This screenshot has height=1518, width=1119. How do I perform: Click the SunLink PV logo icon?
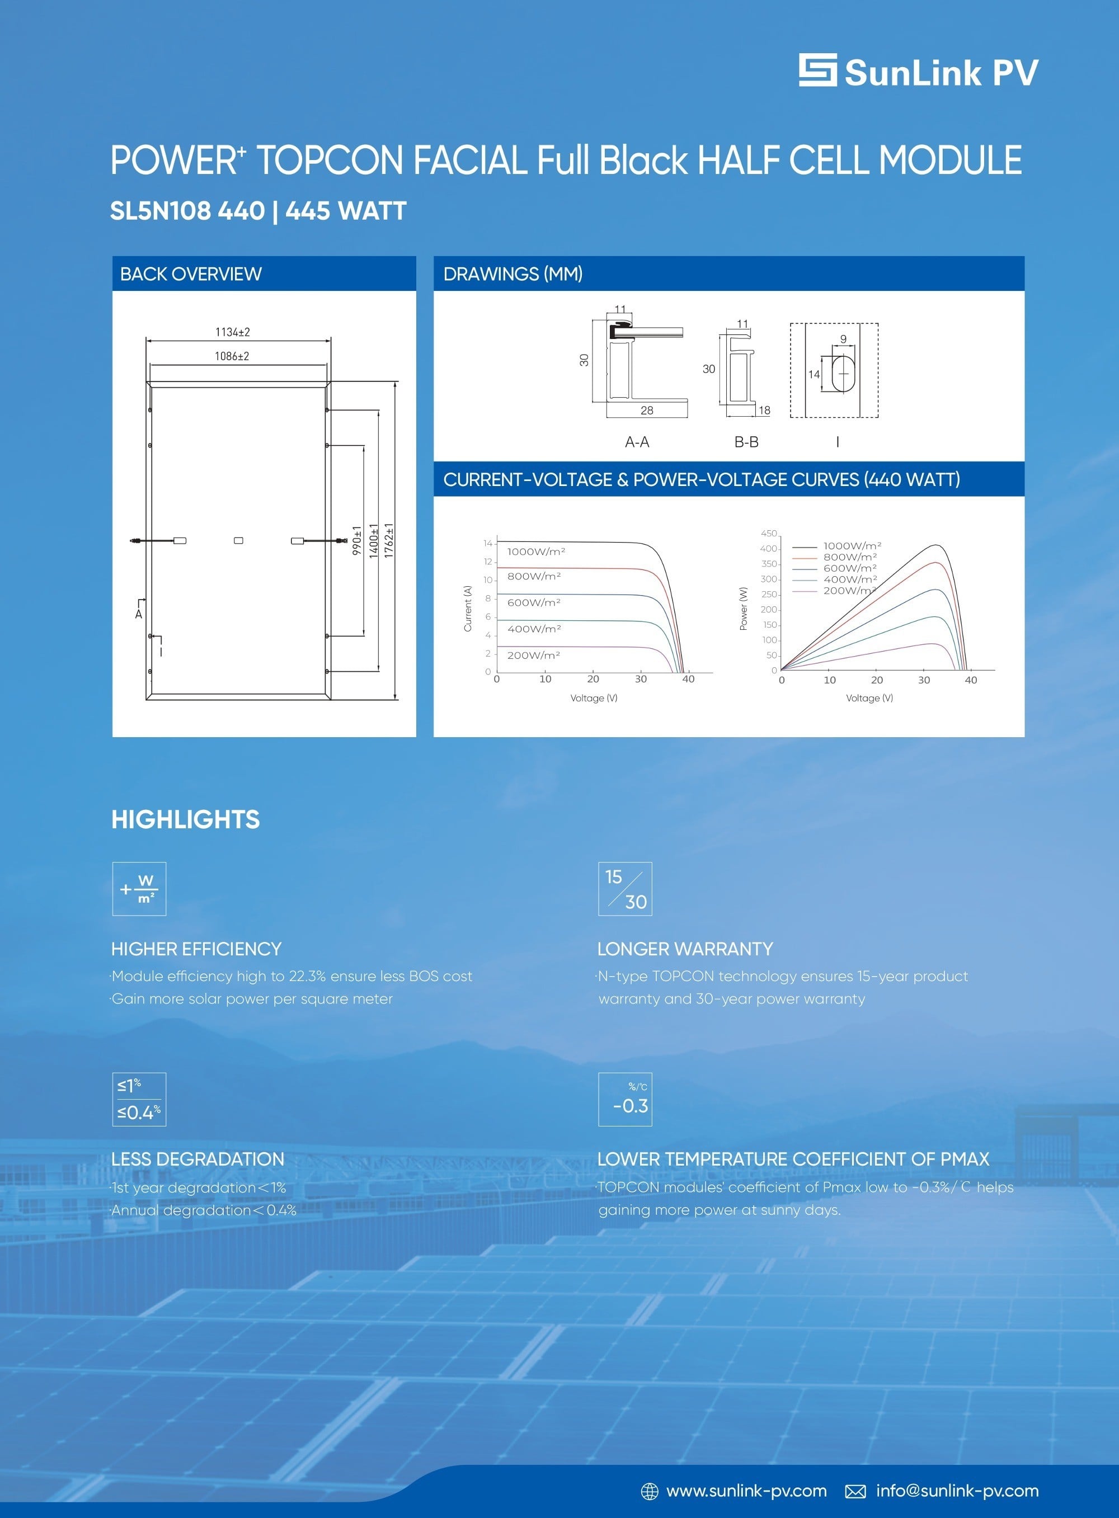coord(817,70)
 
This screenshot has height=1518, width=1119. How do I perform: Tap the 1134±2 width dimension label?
coord(232,332)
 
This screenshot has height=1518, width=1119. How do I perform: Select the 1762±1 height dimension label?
coord(389,540)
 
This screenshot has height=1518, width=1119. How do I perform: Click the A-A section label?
coord(637,442)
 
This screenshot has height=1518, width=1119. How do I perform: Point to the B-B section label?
coord(746,442)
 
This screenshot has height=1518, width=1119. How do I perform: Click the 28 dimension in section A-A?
coord(647,411)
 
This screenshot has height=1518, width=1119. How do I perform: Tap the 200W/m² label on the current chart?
coord(534,656)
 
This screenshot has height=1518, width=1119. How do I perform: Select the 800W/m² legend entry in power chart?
coord(850,557)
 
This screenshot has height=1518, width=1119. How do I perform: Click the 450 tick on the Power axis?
coord(769,534)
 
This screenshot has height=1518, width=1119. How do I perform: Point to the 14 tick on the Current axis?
coord(488,543)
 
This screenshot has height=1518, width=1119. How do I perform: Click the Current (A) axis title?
coord(467,609)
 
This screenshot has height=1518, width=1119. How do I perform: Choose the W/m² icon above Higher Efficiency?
coord(139,889)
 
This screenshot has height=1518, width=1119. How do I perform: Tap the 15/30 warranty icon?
coord(625,889)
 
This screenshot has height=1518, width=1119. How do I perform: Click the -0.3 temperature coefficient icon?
coord(625,1100)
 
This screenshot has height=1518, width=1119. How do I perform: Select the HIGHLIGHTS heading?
coord(186,820)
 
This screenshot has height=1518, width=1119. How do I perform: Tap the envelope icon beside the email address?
coord(855,1491)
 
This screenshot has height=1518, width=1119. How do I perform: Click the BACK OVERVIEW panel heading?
coord(190,274)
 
